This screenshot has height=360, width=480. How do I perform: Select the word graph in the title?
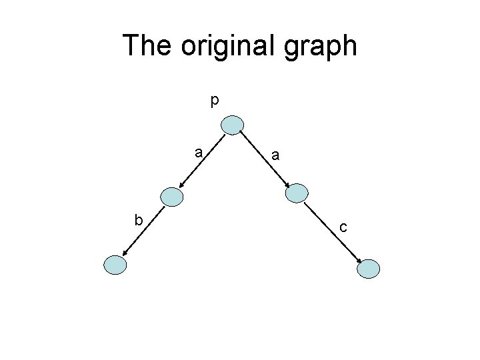(324, 47)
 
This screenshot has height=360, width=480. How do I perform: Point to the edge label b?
(138, 219)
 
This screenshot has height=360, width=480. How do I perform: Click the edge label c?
(343, 228)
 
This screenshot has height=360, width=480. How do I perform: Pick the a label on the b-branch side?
(199, 153)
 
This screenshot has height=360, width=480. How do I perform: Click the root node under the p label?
(233, 125)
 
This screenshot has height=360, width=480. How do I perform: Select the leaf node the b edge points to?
(115, 265)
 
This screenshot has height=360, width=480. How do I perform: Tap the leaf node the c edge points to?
(369, 268)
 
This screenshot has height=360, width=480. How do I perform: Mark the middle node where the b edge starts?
(172, 195)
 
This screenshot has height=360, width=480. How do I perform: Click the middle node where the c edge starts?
(297, 193)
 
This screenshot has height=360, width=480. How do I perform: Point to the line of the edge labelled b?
(143, 230)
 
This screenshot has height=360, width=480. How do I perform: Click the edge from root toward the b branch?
(202, 161)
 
